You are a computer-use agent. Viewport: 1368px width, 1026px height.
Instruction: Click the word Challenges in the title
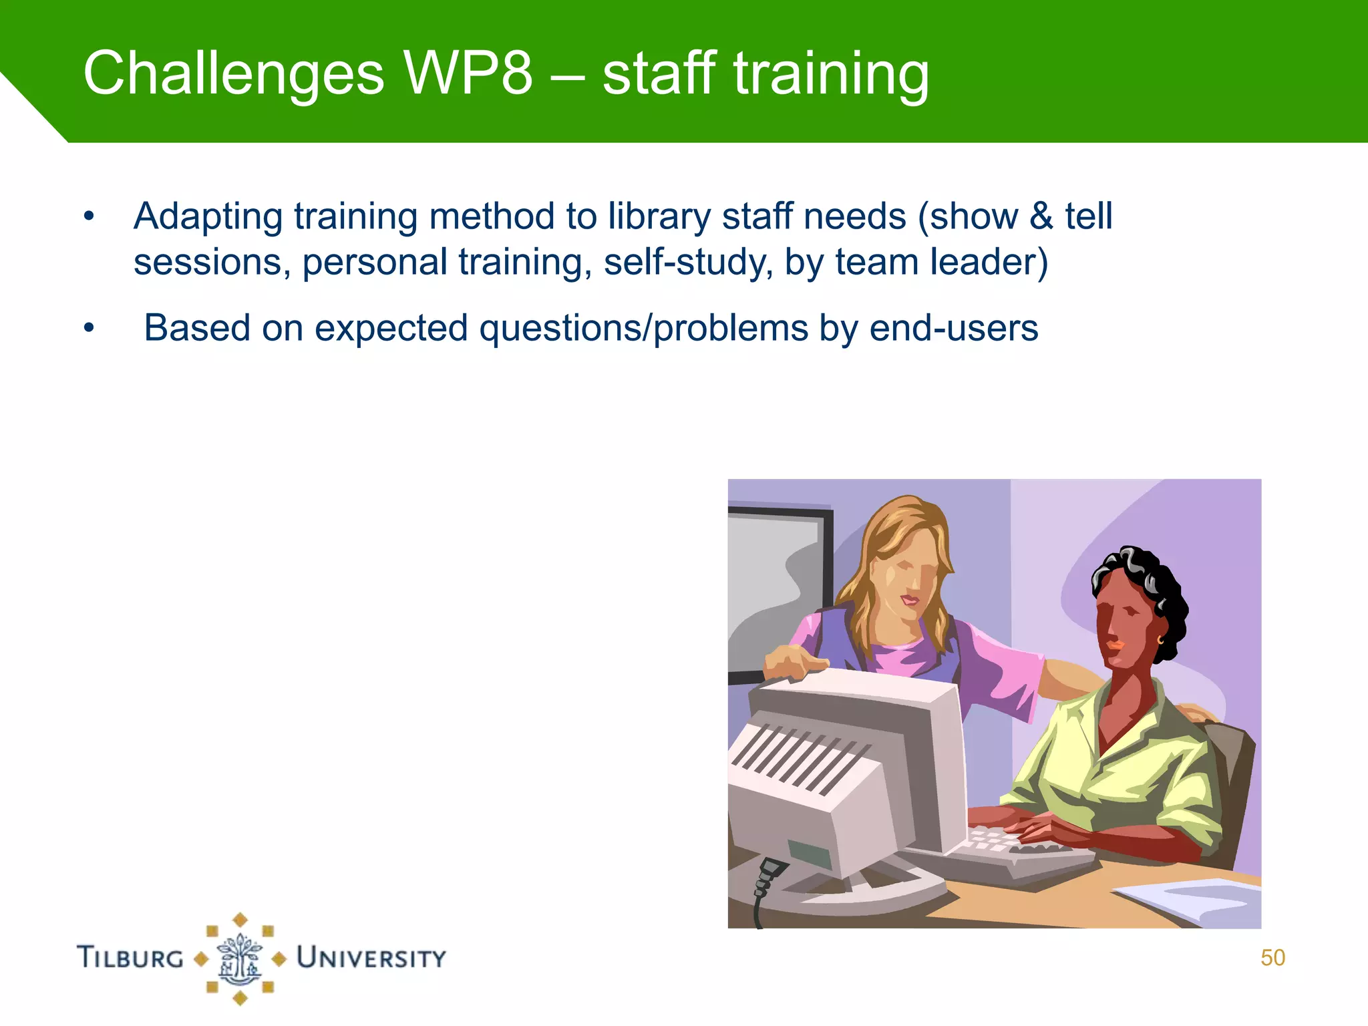233,73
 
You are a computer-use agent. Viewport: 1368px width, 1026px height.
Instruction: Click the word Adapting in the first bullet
208,217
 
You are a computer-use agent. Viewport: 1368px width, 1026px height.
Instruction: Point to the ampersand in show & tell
1041,217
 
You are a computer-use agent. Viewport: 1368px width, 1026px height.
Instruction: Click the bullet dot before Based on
89,329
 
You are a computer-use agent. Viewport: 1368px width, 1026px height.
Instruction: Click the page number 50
1272,958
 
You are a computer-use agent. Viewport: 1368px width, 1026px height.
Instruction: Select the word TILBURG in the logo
130,957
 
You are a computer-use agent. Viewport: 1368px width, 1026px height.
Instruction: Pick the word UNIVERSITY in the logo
371,957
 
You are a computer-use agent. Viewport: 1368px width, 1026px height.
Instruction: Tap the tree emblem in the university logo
240,959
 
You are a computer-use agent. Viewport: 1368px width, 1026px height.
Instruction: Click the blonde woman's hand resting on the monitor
794,661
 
